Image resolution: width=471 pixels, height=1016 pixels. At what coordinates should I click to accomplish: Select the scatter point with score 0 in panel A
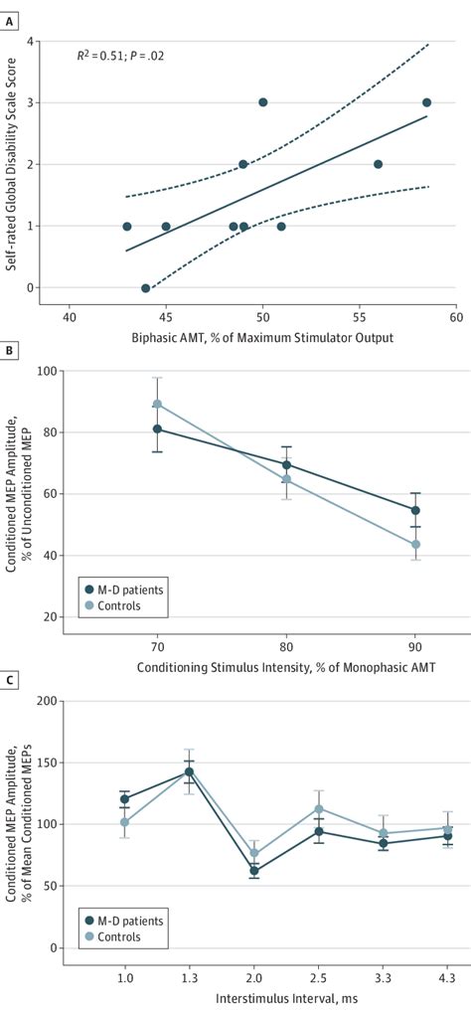146,288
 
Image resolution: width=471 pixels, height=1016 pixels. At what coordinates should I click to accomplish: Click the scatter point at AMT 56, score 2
378,164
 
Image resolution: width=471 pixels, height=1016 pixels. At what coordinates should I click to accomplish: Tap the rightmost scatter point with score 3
426,102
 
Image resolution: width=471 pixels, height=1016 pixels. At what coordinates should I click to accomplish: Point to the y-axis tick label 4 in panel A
57,41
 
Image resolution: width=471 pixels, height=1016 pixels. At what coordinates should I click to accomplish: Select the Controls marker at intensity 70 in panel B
157,405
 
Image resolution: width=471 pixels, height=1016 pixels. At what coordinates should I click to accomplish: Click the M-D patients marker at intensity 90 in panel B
416,510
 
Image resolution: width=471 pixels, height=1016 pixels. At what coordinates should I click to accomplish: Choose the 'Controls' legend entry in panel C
116,936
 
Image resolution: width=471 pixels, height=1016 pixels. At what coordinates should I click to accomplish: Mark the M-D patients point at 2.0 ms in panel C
254,871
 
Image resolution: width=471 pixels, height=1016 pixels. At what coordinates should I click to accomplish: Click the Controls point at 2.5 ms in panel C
319,809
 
